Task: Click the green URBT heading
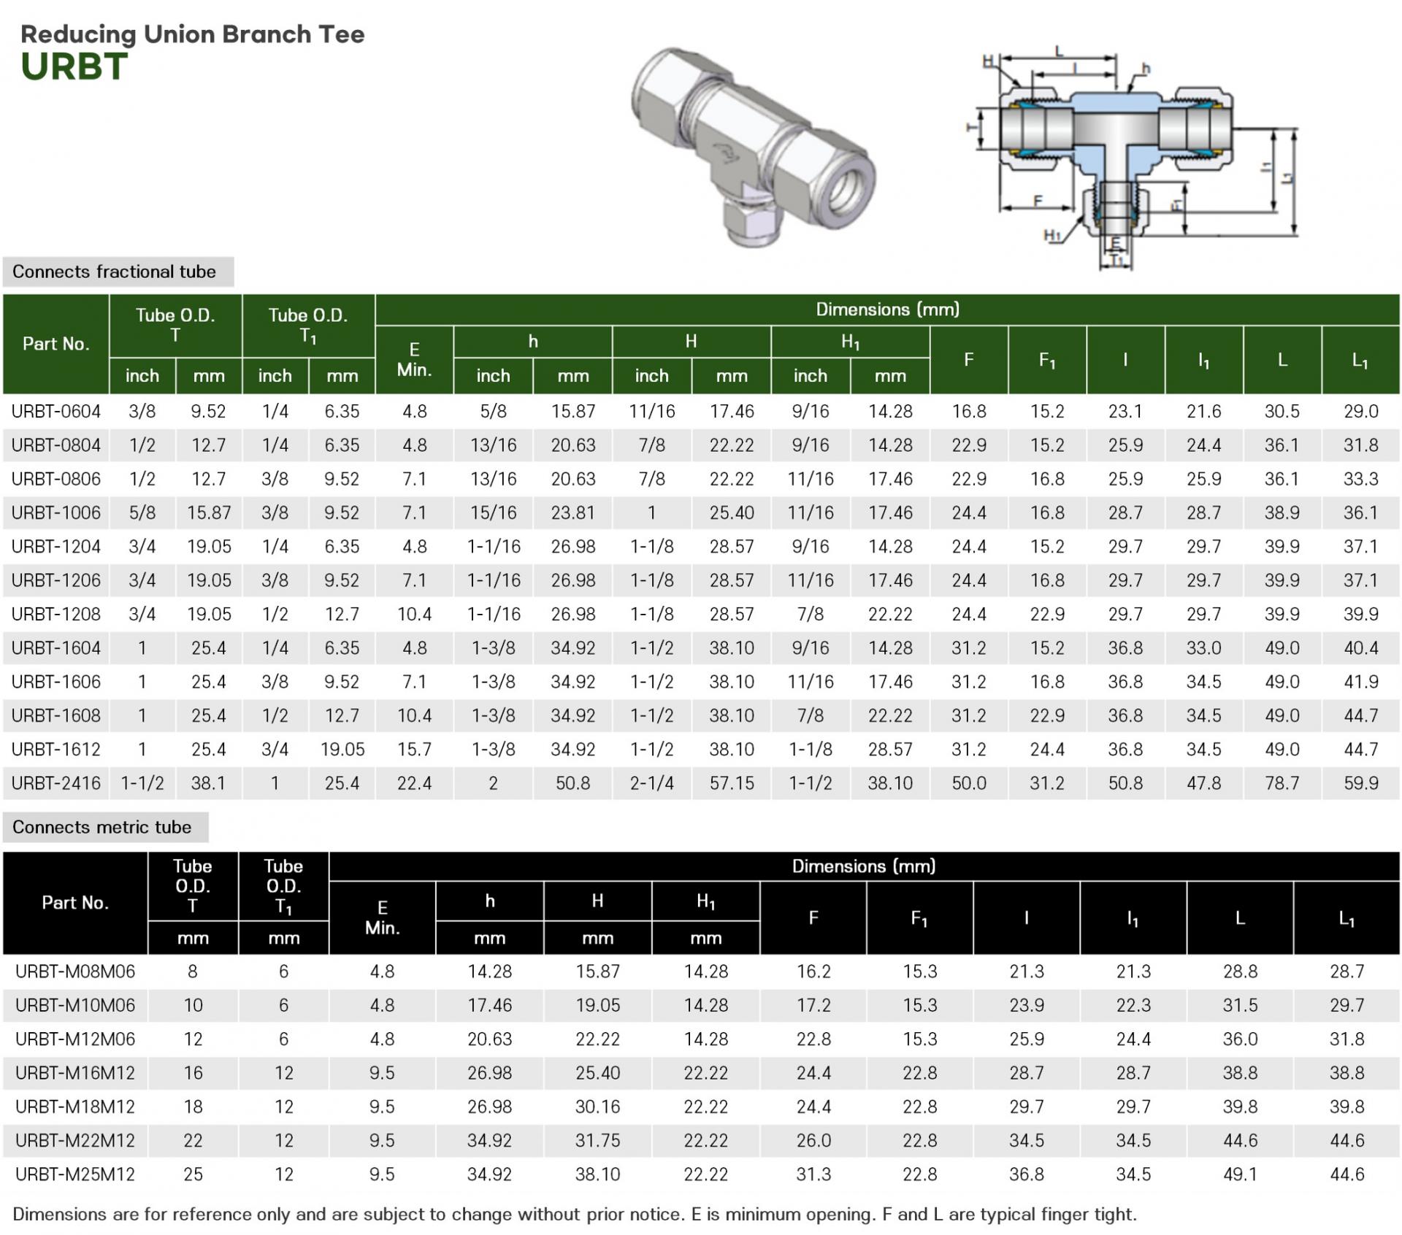(x=74, y=66)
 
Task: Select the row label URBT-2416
(x=56, y=783)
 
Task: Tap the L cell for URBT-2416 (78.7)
(x=1282, y=783)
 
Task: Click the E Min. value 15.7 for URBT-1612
(x=414, y=750)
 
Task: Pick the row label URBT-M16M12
(x=75, y=1073)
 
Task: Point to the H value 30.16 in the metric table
(x=597, y=1107)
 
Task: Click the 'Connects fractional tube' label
(x=114, y=272)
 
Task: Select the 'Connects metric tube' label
(x=101, y=827)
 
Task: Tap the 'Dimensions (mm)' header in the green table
(x=887, y=309)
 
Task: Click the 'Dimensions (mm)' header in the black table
(x=864, y=866)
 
